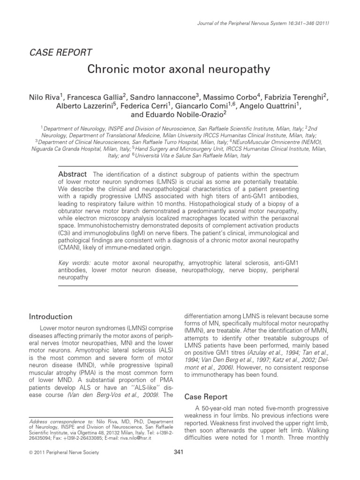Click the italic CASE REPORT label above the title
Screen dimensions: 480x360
point(61,52)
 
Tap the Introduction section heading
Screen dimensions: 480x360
point(51,316)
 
